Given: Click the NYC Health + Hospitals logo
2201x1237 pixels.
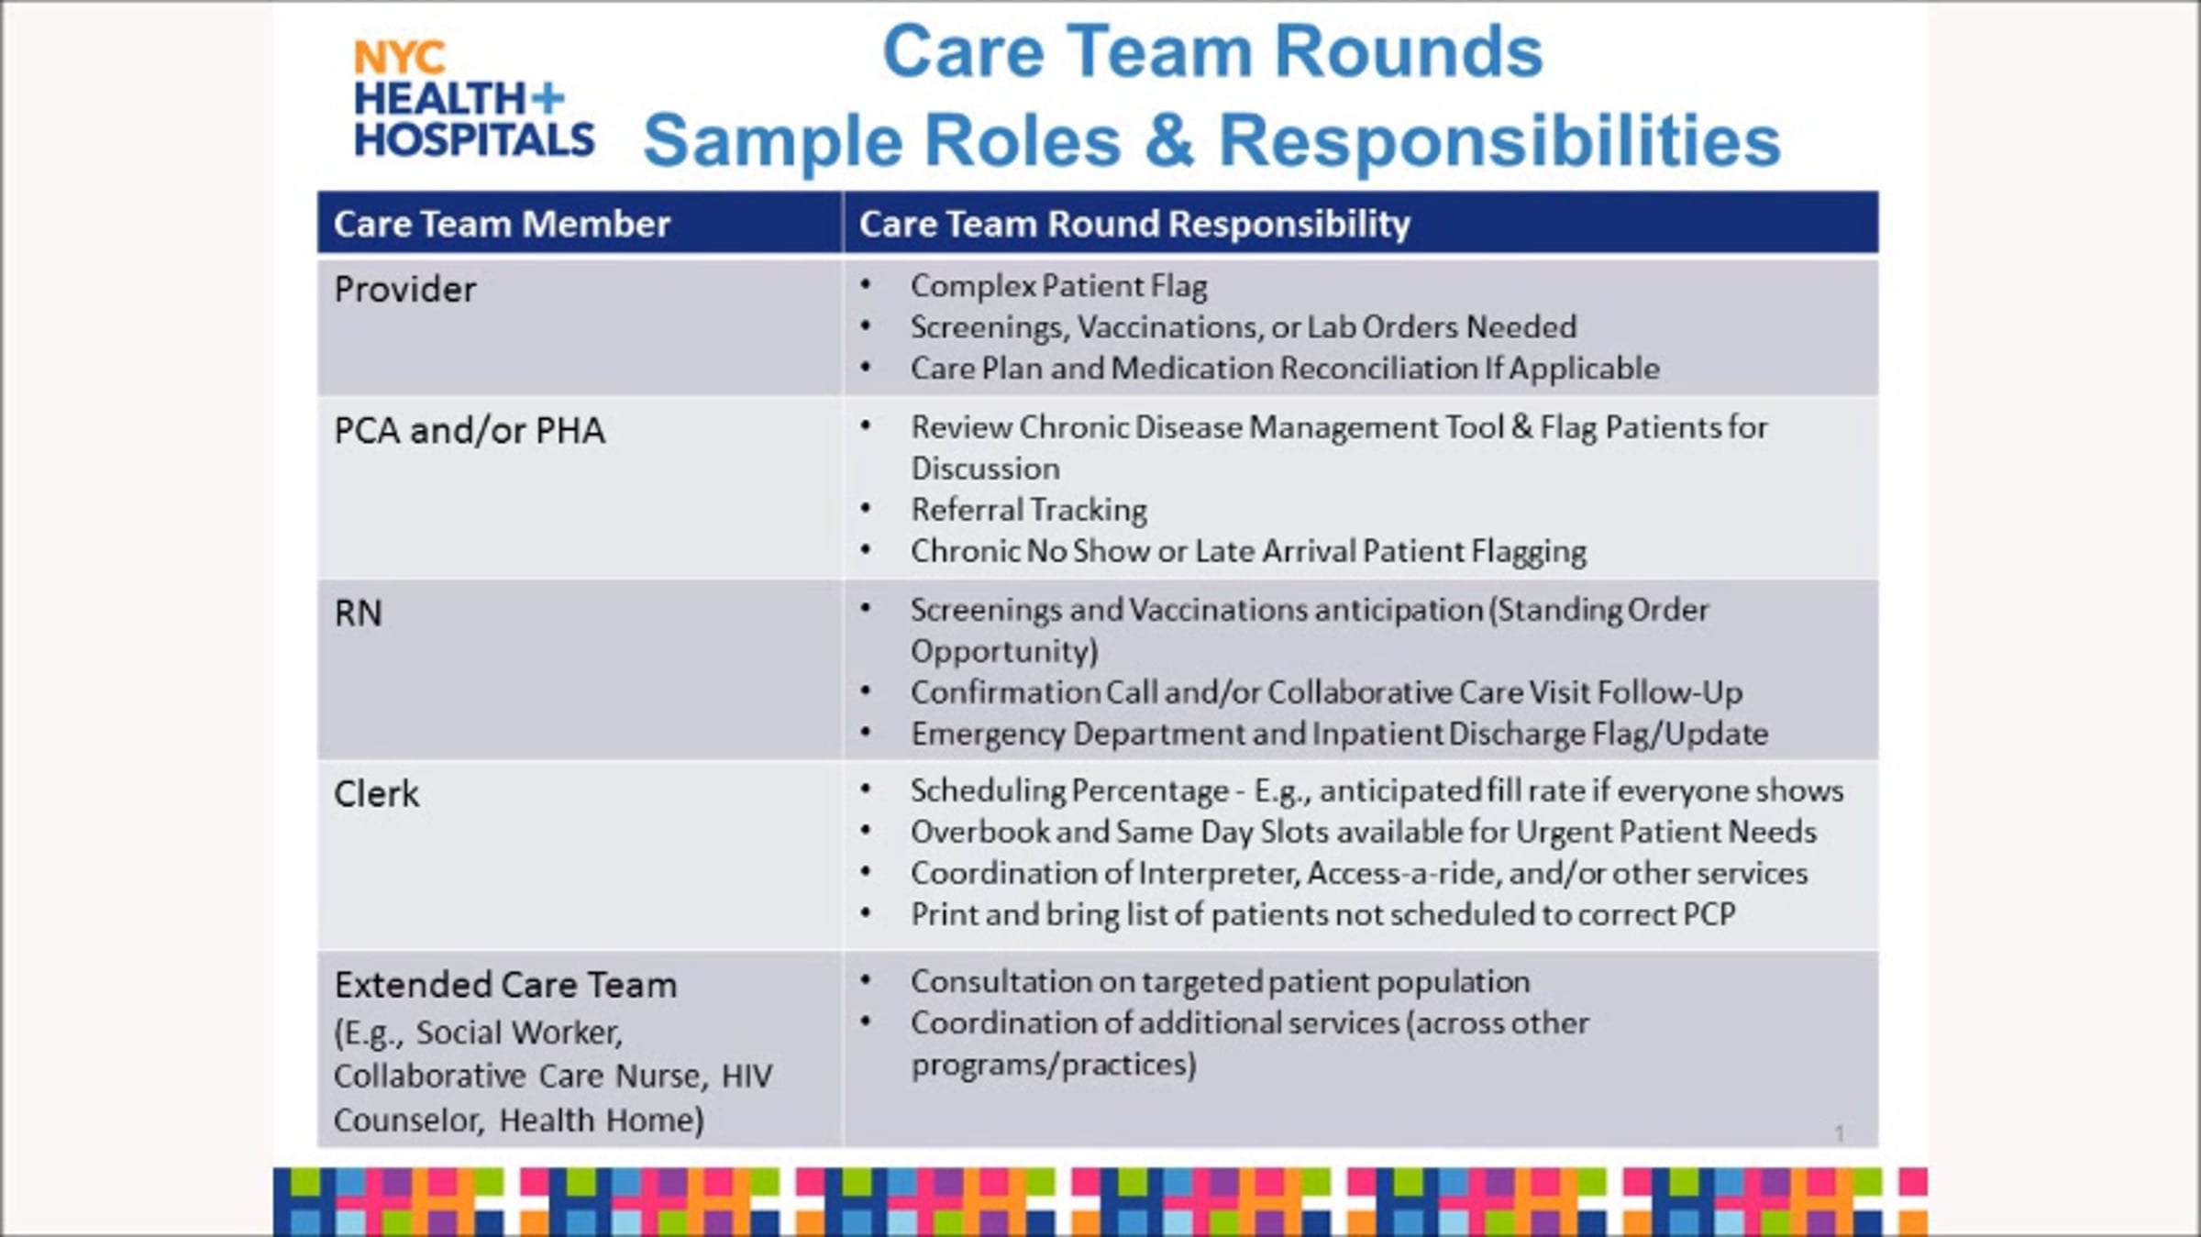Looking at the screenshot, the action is [x=474, y=99].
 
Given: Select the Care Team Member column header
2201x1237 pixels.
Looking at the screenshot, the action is [x=502, y=224].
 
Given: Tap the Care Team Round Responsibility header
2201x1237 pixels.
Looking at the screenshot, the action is [x=1134, y=224].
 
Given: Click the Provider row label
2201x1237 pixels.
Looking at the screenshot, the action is [x=405, y=290].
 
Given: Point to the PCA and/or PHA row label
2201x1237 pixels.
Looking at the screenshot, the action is [x=470, y=430].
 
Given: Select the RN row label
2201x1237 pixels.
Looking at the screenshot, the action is [x=358, y=613].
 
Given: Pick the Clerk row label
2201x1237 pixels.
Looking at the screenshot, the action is [x=376, y=794].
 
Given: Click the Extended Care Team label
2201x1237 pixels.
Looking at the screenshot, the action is [x=505, y=985].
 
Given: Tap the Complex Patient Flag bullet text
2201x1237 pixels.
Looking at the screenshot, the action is [x=1059, y=286].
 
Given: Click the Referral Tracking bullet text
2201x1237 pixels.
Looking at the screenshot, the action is [x=1029, y=510].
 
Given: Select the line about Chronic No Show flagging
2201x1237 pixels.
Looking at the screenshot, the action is [x=1248, y=551].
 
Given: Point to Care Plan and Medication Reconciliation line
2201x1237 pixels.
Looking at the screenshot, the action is [x=1285, y=369].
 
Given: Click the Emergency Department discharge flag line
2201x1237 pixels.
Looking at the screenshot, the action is [x=1339, y=734].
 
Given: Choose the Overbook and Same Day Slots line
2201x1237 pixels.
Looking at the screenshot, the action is [x=1364, y=832].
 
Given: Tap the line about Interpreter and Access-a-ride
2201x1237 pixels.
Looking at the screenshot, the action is [x=1359, y=873].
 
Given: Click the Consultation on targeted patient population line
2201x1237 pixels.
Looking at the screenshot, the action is [x=1220, y=982].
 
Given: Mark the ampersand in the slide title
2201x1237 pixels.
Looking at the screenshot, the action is [x=1170, y=140].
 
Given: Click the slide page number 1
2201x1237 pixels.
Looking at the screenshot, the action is [x=1839, y=1134].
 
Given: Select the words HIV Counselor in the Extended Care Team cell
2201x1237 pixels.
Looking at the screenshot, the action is [x=553, y=1098].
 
